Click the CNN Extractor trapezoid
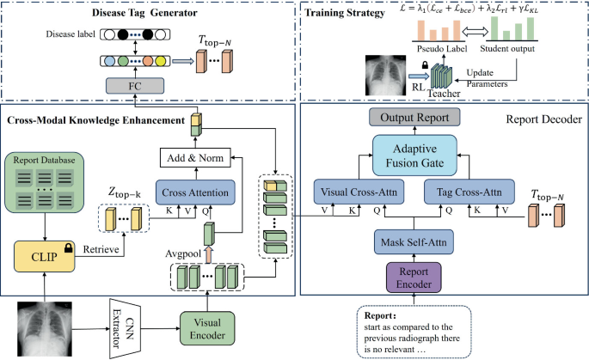click(x=126, y=329)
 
